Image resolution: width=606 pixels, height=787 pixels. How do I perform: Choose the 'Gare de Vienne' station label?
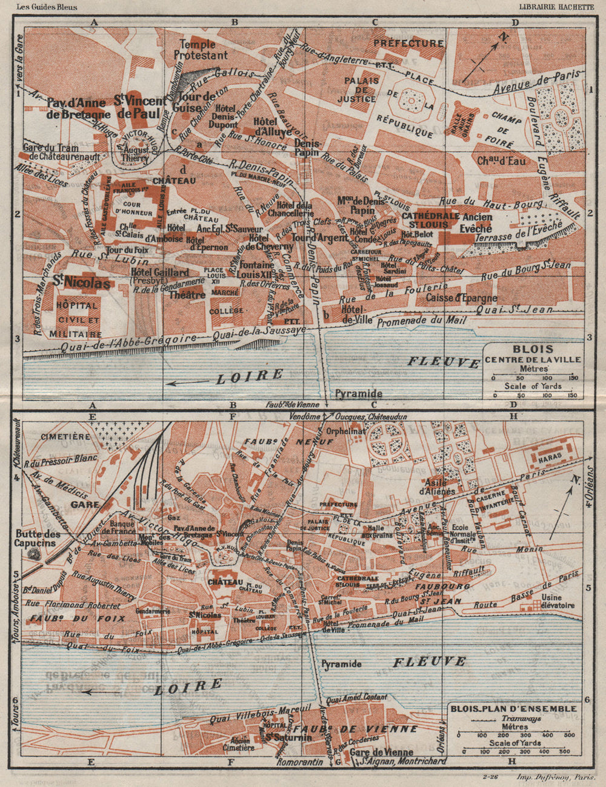click(372, 752)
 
